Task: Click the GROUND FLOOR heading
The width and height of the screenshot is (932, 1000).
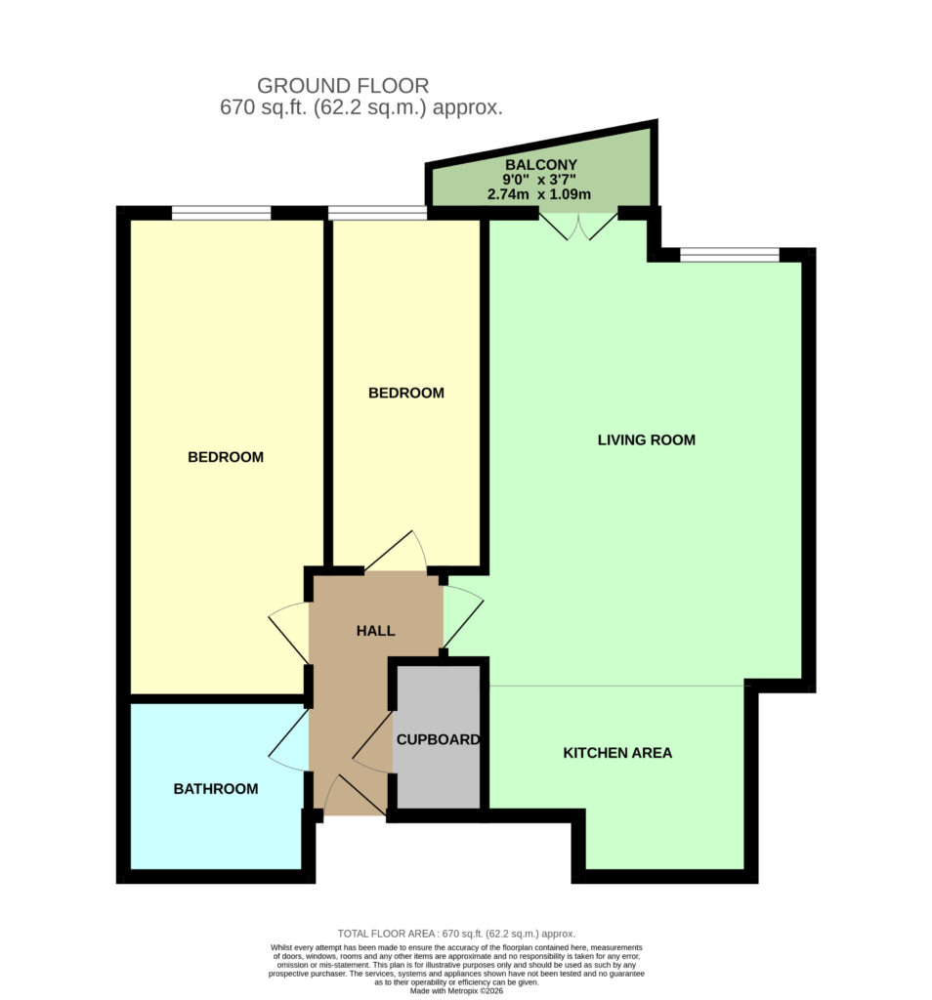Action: [x=343, y=86]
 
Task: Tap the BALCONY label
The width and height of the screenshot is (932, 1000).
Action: [x=541, y=164]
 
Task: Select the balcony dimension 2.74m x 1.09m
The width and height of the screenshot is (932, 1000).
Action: [x=539, y=194]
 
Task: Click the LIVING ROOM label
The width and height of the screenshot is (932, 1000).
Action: [x=646, y=439]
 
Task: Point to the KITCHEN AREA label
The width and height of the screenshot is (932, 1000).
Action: [x=617, y=753]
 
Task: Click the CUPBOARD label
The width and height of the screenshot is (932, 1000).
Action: [x=439, y=739]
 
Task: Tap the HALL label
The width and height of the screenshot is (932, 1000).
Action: [x=376, y=631]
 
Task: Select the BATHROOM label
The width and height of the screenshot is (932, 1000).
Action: [x=216, y=789]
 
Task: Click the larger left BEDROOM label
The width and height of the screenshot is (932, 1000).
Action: [x=226, y=457]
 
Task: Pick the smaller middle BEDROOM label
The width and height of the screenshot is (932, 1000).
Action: [x=406, y=393]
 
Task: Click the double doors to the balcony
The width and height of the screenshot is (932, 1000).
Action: [x=578, y=226]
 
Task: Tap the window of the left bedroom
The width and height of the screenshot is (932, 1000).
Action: [x=222, y=212]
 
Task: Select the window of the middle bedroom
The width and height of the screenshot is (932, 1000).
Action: [x=378, y=212]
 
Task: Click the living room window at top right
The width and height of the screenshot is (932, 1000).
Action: [x=730, y=255]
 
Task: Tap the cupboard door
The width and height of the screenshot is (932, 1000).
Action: [x=372, y=742]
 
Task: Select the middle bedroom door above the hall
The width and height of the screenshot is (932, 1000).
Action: [x=396, y=551]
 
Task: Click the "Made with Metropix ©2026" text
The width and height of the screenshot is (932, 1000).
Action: [x=456, y=991]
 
